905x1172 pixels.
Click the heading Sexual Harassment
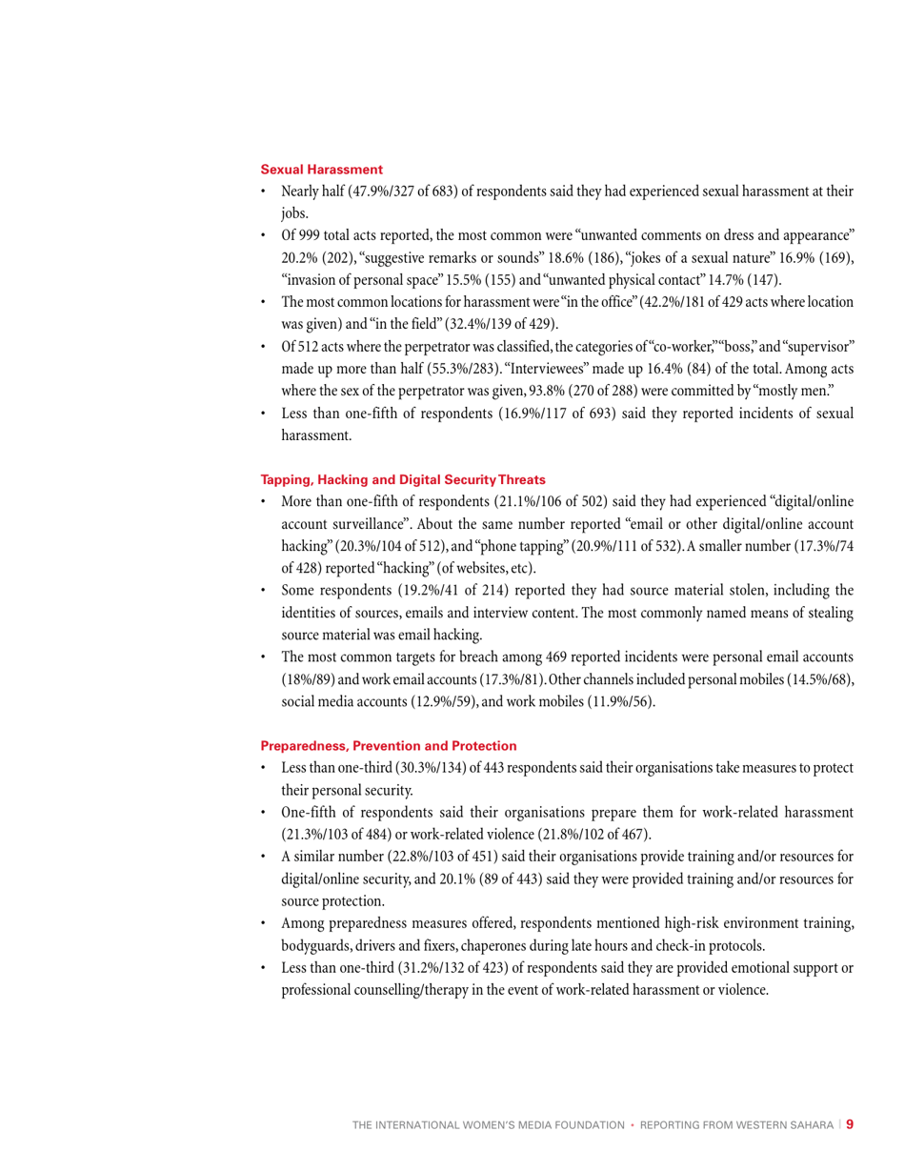coord(321,170)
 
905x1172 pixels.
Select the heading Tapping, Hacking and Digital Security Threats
coord(403,478)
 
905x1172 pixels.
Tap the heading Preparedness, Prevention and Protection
coord(389,745)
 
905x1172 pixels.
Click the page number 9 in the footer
coord(849,1124)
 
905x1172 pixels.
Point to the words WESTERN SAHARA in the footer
coord(786,1125)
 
